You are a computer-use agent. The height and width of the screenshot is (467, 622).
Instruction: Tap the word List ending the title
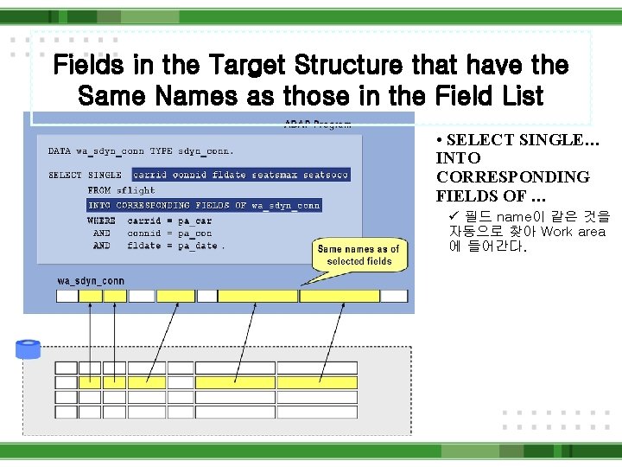pyautogui.click(x=518, y=95)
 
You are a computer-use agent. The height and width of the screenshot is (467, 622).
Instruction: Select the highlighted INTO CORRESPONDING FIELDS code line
pyautogui.click(x=205, y=206)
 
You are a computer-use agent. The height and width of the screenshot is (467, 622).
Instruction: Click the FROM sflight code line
pyautogui.click(x=122, y=190)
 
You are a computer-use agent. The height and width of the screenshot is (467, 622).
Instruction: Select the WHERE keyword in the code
pyautogui.click(x=101, y=221)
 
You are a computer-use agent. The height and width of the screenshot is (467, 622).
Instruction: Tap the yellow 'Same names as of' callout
pyautogui.click(x=359, y=255)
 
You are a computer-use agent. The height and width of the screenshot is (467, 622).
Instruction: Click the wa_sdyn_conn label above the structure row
pyautogui.click(x=91, y=281)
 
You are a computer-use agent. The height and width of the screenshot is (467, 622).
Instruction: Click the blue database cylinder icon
pyautogui.click(x=28, y=349)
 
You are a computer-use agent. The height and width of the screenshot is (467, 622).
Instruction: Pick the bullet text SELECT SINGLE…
pyautogui.click(x=517, y=140)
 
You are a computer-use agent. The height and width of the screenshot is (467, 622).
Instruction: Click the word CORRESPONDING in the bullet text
pyautogui.click(x=513, y=177)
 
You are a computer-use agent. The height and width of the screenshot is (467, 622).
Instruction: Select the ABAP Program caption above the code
pyautogui.click(x=317, y=124)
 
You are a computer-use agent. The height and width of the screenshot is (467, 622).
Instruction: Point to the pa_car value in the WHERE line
pyautogui.click(x=194, y=221)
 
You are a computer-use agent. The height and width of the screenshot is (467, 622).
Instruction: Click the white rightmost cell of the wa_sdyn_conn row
pyautogui.click(x=394, y=296)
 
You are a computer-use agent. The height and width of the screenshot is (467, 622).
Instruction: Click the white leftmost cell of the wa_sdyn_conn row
pyautogui.click(x=67, y=296)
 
